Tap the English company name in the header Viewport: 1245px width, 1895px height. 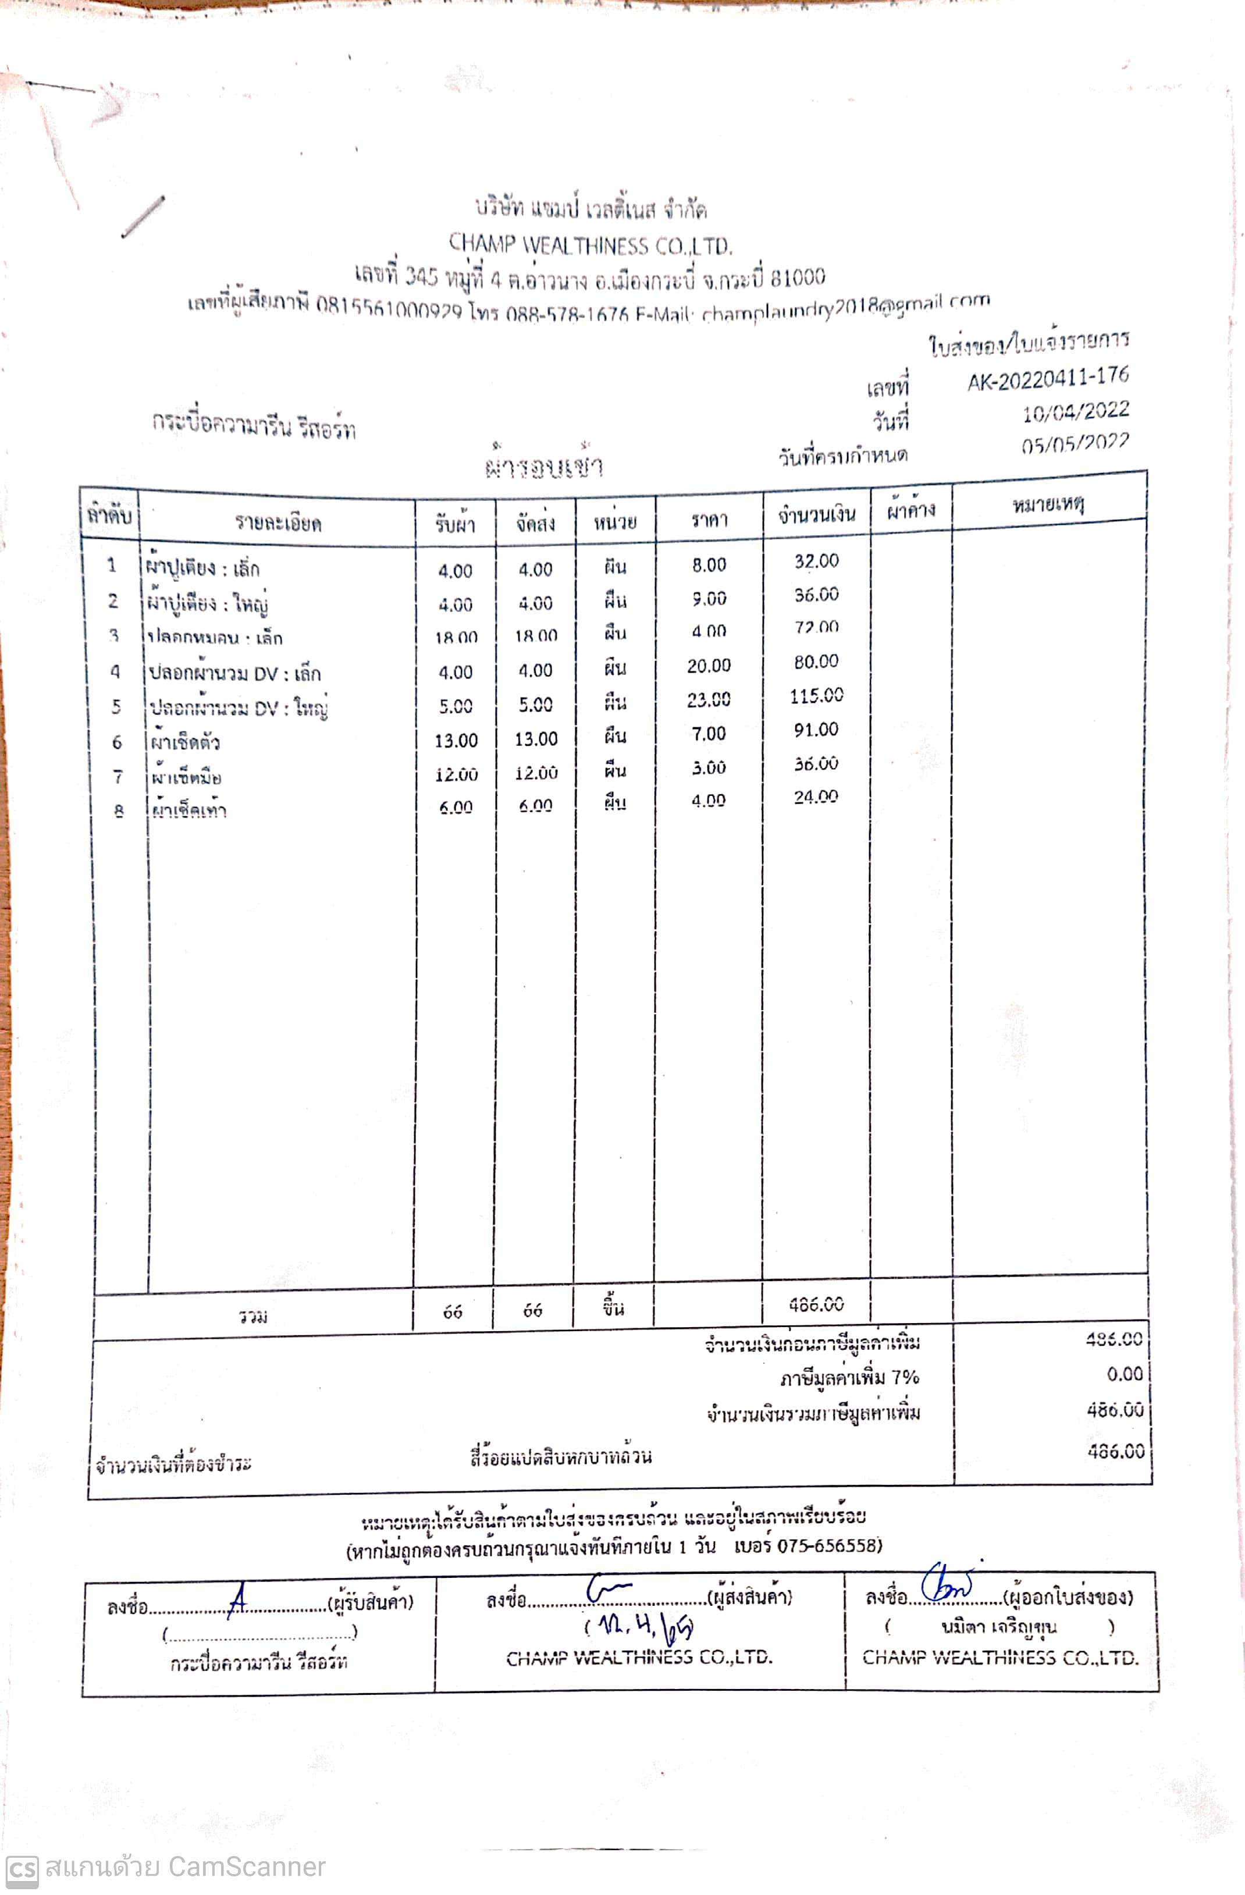coord(590,244)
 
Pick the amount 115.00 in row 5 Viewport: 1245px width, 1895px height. coord(816,696)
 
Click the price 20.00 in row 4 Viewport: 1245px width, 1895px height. coord(709,666)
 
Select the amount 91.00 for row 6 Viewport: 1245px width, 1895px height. coord(816,730)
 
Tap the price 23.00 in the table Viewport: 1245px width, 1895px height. coord(709,699)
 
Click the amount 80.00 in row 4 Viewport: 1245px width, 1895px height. coord(816,662)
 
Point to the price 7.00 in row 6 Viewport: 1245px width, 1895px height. coord(709,733)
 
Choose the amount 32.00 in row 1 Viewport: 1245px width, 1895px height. coord(816,561)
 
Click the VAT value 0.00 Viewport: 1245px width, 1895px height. coord(1124,1374)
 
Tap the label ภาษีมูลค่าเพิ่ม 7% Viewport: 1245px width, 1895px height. coord(849,1377)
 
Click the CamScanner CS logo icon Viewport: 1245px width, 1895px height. coord(22,1869)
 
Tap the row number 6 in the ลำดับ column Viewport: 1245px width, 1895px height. coord(117,742)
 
